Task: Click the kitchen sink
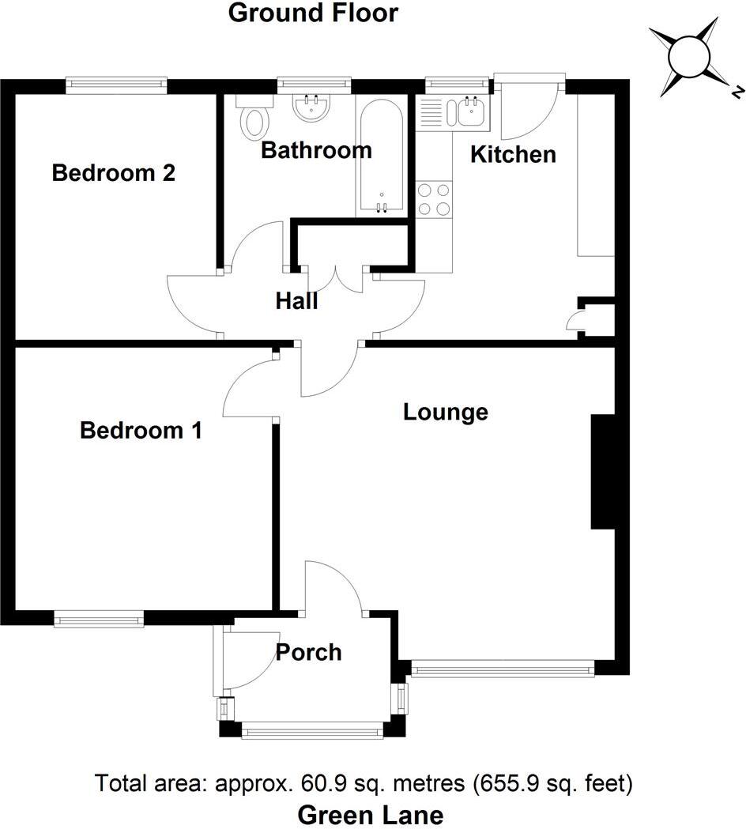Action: (471, 111)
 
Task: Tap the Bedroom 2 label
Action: (113, 173)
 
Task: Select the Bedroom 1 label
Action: (141, 431)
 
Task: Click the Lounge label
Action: (445, 413)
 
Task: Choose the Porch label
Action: (308, 652)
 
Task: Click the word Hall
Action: (296, 301)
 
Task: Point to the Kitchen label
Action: (513, 154)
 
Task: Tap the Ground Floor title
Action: (313, 13)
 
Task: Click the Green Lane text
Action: (370, 814)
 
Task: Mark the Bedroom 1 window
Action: (99, 619)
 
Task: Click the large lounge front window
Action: (503, 670)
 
